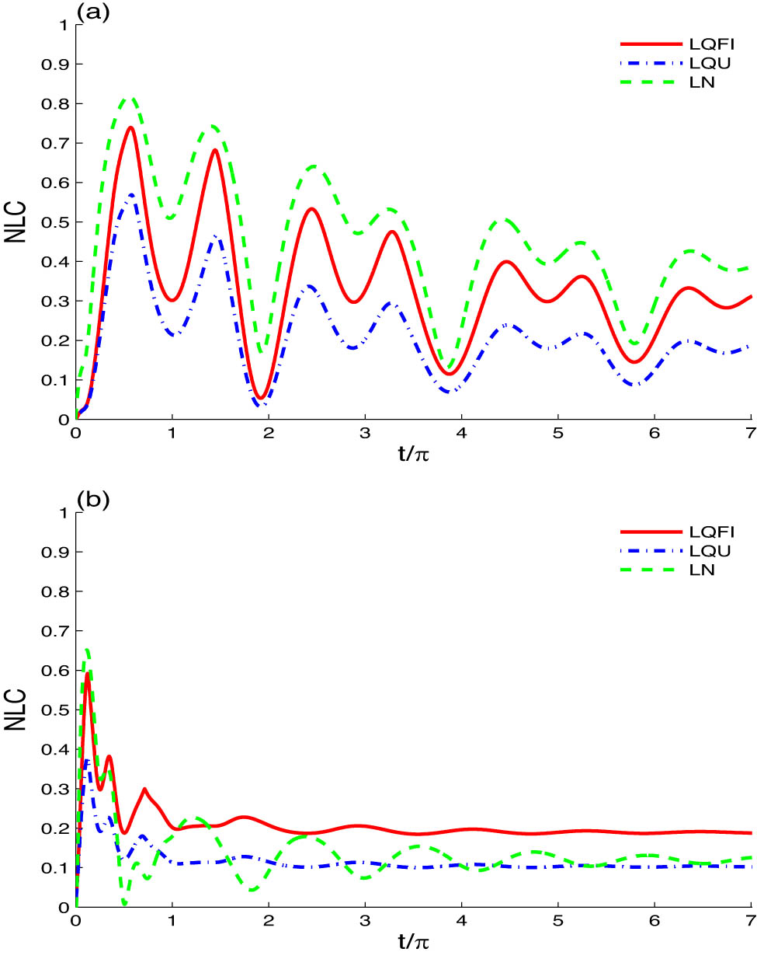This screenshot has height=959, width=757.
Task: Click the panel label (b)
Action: click(92, 499)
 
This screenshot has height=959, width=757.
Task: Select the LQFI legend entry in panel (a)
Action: click(711, 44)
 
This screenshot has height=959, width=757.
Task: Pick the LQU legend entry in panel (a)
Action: click(710, 63)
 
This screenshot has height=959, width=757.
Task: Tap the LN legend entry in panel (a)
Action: click(702, 82)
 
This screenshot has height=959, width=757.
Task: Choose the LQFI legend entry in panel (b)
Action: click(711, 532)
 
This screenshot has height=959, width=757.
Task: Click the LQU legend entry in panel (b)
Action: click(710, 551)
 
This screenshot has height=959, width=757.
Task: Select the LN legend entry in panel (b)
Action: click(702, 570)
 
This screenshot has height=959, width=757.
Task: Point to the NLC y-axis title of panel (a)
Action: click(16, 222)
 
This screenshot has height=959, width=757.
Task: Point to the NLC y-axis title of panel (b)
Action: click(16, 710)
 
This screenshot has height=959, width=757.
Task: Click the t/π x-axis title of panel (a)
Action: click(414, 454)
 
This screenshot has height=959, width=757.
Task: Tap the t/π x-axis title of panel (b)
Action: click(414, 942)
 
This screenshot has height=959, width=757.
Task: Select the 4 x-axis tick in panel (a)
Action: click(461, 433)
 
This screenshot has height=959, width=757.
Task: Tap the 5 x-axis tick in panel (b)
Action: click(557, 921)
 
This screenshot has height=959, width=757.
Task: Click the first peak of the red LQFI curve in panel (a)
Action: click(130, 127)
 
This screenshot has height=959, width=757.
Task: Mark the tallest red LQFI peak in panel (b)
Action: click(88, 673)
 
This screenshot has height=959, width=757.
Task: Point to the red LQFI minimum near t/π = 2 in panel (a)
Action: click(263, 398)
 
